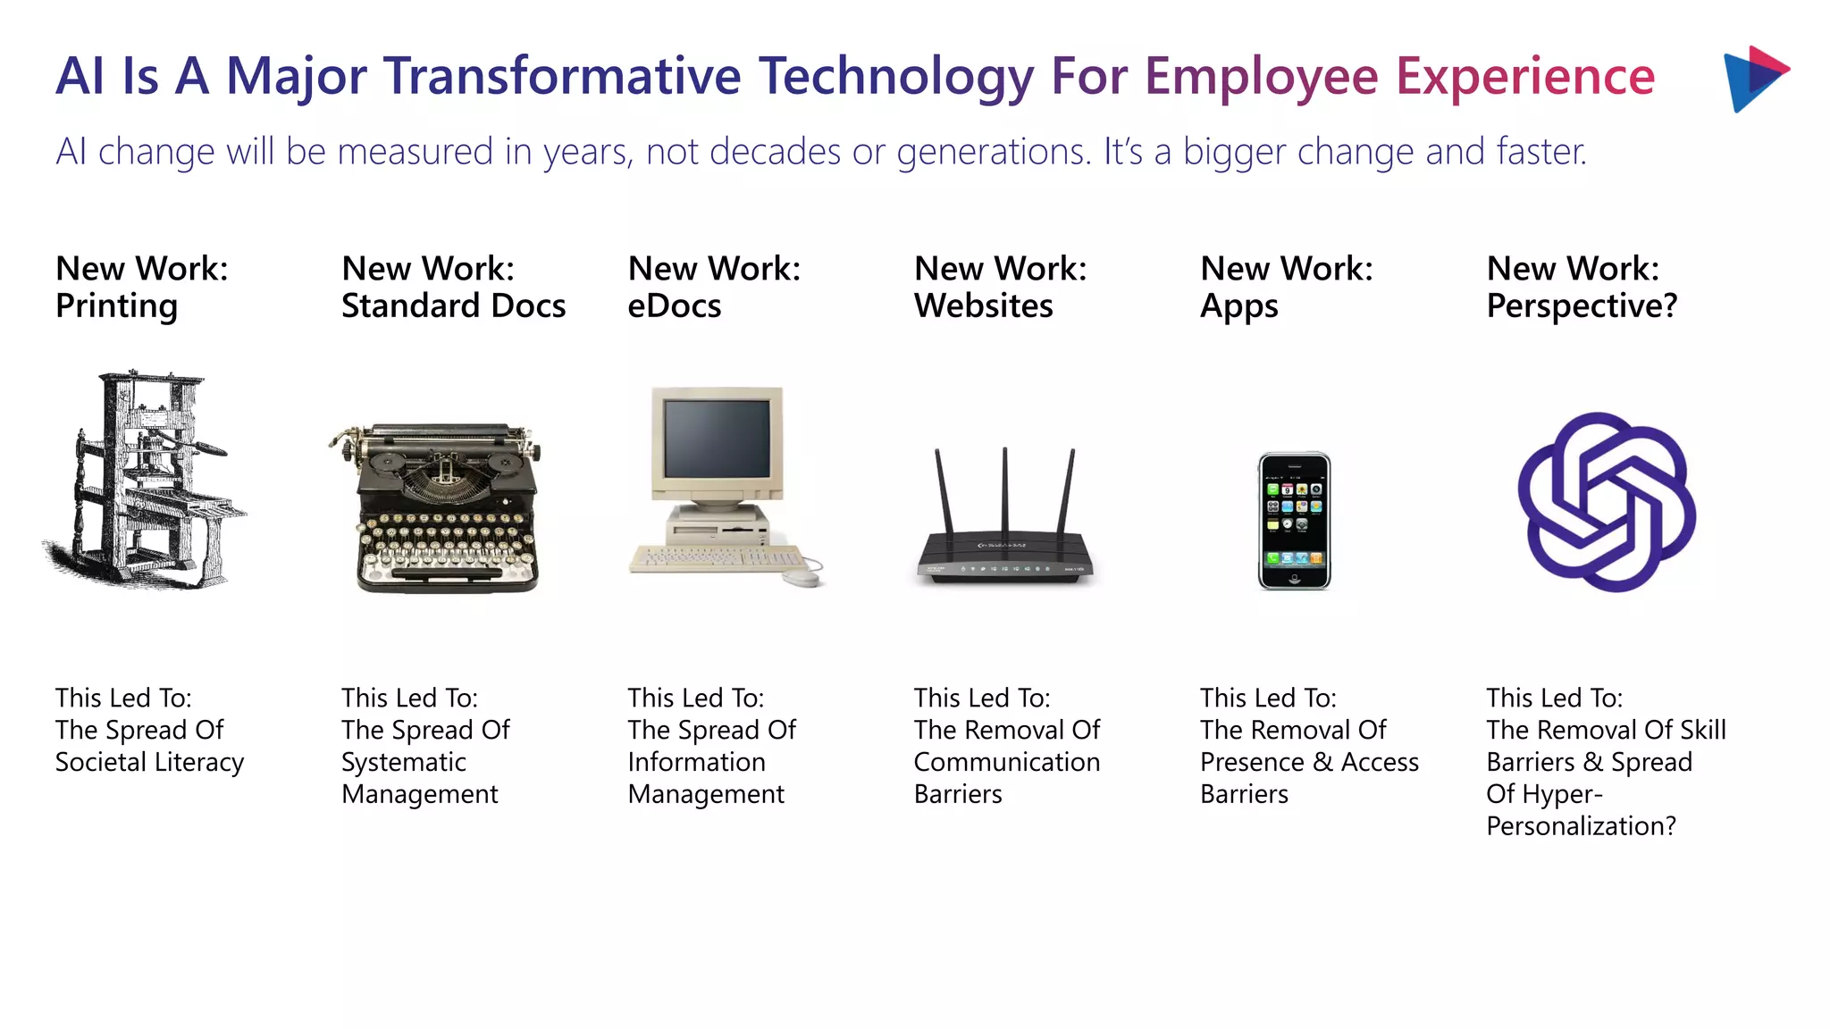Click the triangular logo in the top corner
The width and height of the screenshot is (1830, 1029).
[x=1753, y=79]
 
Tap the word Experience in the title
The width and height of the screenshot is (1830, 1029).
[x=1524, y=76]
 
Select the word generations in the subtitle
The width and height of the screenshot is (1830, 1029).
[x=993, y=152]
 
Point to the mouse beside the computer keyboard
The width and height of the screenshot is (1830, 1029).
[x=803, y=578]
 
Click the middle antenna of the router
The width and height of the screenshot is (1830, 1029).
[x=1005, y=491]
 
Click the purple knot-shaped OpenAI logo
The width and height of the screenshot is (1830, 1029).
[x=1607, y=502]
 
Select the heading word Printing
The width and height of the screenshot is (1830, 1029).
[x=116, y=306]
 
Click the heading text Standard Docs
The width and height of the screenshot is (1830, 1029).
[x=453, y=306]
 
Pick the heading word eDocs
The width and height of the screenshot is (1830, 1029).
[x=674, y=306]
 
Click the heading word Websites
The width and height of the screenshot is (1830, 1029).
[x=983, y=306]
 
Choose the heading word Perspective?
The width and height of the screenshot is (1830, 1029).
[x=1582, y=306]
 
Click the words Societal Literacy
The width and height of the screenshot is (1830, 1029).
[x=149, y=762]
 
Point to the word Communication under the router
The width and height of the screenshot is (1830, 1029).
[x=1006, y=762]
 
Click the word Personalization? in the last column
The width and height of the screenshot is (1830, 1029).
[x=1581, y=826]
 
